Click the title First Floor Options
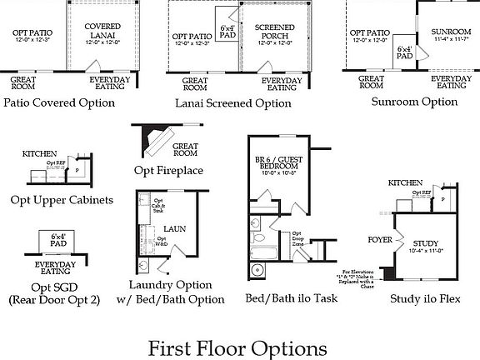click(237, 346)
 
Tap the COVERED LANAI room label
click(103, 32)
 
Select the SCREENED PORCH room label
click(272, 32)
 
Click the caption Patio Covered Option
click(58, 102)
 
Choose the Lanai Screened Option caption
click(233, 103)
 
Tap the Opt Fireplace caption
click(168, 171)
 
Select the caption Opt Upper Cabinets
click(62, 200)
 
